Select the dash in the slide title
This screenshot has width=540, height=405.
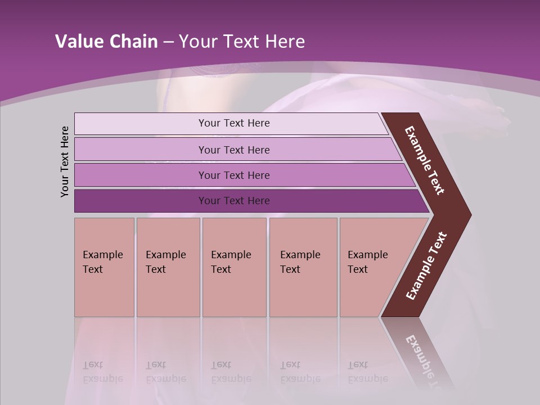point(168,42)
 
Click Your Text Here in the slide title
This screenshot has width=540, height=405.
point(242,42)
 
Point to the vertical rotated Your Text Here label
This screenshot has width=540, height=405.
point(65,161)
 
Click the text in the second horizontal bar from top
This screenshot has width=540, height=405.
point(234,150)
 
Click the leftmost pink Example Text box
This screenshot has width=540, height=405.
point(104,267)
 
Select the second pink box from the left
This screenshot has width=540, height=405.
point(168,267)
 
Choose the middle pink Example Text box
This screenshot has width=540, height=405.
point(234,267)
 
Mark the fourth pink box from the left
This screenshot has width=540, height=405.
point(303,267)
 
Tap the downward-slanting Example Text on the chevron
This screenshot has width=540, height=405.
point(425,160)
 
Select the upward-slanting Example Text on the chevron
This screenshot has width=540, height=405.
point(426,266)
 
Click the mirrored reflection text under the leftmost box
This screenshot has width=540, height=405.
point(102,372)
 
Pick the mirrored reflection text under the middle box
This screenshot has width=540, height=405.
point(231,372)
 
